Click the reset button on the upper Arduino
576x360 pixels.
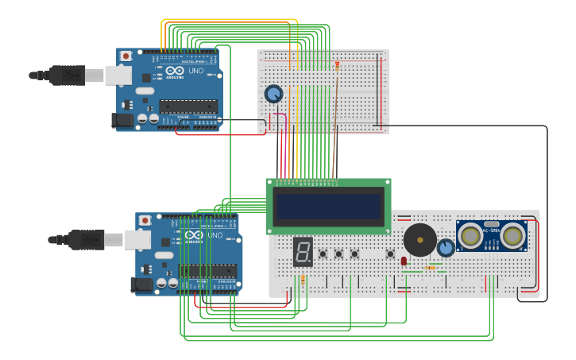coord(126,56)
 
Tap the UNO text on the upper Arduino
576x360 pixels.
coord(195,70)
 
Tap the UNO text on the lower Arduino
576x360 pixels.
coord(215,235)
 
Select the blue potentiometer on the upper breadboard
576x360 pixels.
coord(273,94)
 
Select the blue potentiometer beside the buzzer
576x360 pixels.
coord(446,248)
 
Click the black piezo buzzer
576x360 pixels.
coord(419,239)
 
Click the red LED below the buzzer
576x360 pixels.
coord(404,261)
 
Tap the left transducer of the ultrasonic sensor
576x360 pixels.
coord(471,235)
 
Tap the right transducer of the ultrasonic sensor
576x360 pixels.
coord(512,235)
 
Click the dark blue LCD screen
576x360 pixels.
coord(328,205)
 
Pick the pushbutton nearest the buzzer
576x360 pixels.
coord(390,254)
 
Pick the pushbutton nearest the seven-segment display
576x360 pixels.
coord(323,254)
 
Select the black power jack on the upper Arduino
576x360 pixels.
coord(120,120)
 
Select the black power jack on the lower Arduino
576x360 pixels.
coord(140,285)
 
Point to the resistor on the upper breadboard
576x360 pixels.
coord(337,67)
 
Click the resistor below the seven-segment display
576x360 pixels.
coord(303,280)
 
